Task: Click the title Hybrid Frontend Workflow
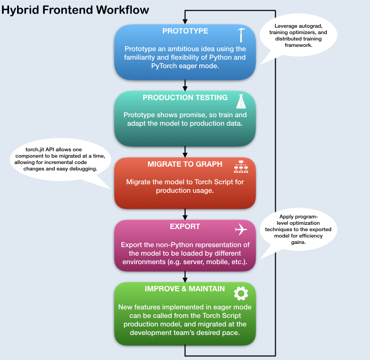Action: [x=75, y=10]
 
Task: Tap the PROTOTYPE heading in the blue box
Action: [x=185, y=31]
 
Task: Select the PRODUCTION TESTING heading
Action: [x=185, y=97]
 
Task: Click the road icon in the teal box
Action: [x=241, y=101]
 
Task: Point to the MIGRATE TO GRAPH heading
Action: [x=185, y=164]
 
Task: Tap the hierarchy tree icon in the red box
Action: [x=241, y=167]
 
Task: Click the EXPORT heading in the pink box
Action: [x=185, y=226]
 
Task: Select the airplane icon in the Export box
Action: [x=241, y=230]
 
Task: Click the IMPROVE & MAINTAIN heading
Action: [x=185, y=289]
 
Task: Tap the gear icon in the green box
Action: [x=241, y=292]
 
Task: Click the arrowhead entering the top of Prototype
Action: [x=185, y=21]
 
